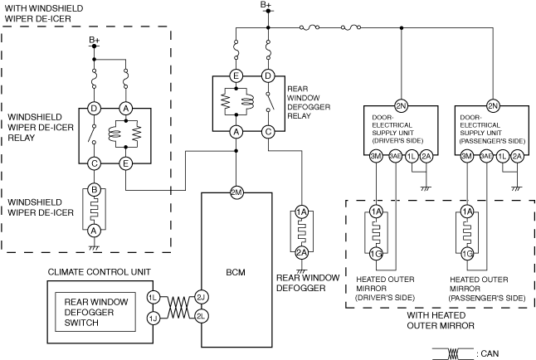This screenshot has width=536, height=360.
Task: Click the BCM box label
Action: (x=236, y=270)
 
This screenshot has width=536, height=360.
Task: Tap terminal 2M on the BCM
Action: (x=236, y=192)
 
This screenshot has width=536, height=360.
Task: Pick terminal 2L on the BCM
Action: (x=201, y=316)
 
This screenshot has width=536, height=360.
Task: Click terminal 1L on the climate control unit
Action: (x=153, y=296)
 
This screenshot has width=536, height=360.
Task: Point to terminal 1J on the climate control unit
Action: (x=153, y=316)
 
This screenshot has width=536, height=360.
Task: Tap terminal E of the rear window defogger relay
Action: (x=237, y=76)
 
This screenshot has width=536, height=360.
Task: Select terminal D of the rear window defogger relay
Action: (x=268, y=76)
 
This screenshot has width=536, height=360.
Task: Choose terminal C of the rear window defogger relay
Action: (x=268, y=131)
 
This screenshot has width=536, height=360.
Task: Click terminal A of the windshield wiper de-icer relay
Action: (x=126, y=108)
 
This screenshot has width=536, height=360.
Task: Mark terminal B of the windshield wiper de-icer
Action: (x=95, y=190)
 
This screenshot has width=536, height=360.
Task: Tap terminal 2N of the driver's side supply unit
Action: (x=401, y=105)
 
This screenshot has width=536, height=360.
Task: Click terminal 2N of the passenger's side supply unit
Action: (x=493, y=105)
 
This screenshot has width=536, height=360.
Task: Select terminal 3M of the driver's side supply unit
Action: (x=376, y=156)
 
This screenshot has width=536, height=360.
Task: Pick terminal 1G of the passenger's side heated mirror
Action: (x=468, y=253)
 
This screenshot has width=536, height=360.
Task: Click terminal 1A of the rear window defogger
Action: (x=302, y=213)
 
